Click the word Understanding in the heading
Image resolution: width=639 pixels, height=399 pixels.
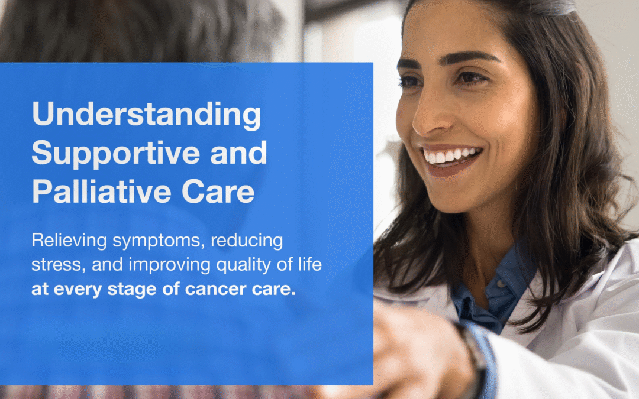[146, 115]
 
